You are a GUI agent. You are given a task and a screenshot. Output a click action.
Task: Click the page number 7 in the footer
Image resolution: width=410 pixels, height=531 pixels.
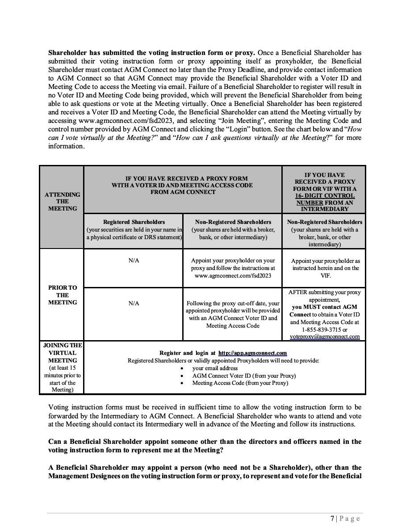point(332,518)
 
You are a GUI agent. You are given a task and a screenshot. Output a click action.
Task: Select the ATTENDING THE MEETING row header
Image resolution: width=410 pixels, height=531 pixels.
point(63,201)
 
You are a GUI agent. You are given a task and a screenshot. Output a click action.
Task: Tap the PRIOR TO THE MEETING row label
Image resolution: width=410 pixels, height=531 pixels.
point(63,295)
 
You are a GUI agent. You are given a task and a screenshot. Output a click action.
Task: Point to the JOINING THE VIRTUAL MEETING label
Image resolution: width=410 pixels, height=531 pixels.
point(63,353)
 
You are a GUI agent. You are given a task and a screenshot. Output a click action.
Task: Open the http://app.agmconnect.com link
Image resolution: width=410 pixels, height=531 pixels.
point(252,353)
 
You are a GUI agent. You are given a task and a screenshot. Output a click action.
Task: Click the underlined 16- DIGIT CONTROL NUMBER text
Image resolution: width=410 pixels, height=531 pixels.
point(324,199)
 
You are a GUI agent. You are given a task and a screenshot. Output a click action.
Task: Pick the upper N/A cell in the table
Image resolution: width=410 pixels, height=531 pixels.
point(134,260)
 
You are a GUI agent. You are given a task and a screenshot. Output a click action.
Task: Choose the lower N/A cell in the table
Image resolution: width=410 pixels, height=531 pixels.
point(134,303)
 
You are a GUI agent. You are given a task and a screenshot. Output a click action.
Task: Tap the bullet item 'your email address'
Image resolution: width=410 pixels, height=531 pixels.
point(215,368)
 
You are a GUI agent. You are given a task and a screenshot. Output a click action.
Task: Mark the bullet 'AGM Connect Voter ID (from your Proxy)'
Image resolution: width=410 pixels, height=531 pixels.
point(244,376)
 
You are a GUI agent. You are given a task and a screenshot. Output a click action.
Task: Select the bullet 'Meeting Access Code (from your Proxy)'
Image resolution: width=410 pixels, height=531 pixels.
point(240,383)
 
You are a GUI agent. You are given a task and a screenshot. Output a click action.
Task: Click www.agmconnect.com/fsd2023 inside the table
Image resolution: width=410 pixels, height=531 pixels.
point(232,276)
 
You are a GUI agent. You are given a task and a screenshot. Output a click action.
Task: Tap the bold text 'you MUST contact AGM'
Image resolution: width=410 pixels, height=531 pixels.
point(324,307)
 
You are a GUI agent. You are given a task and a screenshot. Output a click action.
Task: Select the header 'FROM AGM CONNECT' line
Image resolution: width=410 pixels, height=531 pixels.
point(182,192)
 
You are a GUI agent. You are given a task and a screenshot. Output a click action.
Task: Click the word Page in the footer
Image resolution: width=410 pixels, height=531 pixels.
point(349,518)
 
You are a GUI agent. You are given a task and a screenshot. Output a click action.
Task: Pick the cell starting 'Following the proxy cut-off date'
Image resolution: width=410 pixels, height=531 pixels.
point(232,314)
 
